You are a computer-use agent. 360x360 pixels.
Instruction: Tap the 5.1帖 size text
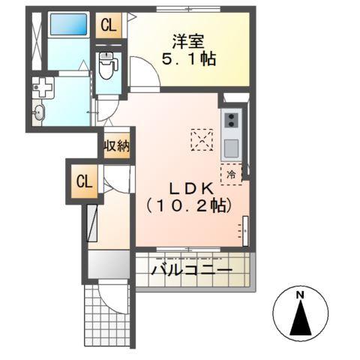(x=187, y=60)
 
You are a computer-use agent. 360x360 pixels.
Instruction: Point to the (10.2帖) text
(x=187, y=205)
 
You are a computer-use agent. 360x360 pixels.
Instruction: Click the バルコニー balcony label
(x=190, y=269)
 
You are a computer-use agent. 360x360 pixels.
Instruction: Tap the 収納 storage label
(x=117, y=145)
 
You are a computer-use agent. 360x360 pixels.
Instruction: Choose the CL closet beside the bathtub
(x=109, y=25)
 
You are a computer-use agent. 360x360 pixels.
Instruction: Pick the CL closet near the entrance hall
(x=85, y=181)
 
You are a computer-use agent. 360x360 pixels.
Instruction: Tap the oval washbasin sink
(x=41, y=113)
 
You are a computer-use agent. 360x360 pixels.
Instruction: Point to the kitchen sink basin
(x=231, y=145)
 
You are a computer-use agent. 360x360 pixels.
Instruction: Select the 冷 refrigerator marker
(x=231, y=175)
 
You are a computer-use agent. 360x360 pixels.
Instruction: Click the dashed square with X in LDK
(x=202, y=139)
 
